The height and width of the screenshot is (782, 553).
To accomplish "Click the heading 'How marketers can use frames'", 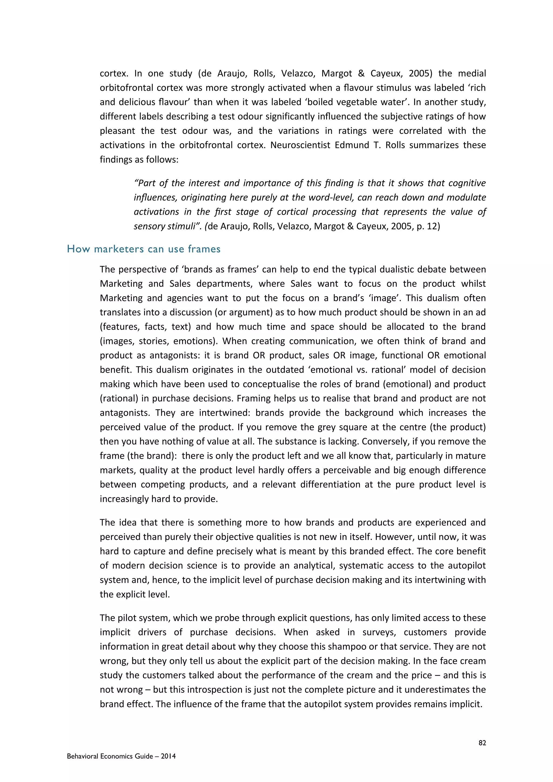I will (x=144, y=249).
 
